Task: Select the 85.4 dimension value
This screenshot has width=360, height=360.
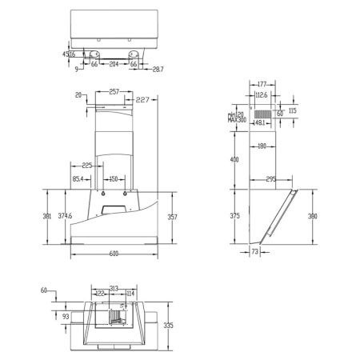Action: click(78, 178)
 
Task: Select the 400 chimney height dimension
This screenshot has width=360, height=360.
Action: click(234, 160)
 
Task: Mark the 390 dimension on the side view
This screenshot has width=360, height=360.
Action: click(313, 216)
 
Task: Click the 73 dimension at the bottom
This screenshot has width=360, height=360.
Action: click(254, 253)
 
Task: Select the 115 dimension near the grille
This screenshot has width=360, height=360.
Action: click(292, 110)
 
